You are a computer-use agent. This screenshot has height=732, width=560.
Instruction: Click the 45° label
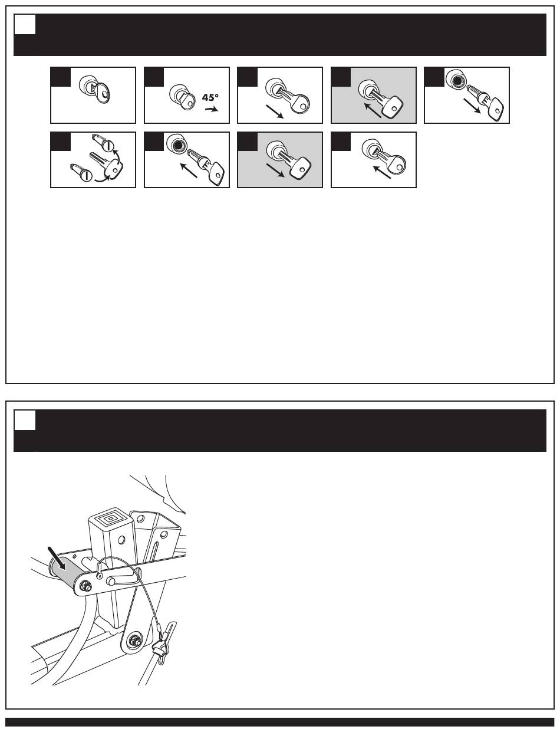coord(210,98)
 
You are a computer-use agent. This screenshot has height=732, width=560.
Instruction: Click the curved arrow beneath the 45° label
coord(212,110)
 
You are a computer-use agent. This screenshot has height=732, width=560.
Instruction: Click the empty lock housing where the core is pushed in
coord(175,144)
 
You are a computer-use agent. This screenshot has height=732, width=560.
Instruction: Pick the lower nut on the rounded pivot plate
coord(135,638)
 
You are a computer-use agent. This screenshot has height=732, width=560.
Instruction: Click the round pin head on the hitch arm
coord(111,581)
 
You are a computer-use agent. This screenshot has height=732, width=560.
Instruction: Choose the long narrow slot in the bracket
coord(155,549)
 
